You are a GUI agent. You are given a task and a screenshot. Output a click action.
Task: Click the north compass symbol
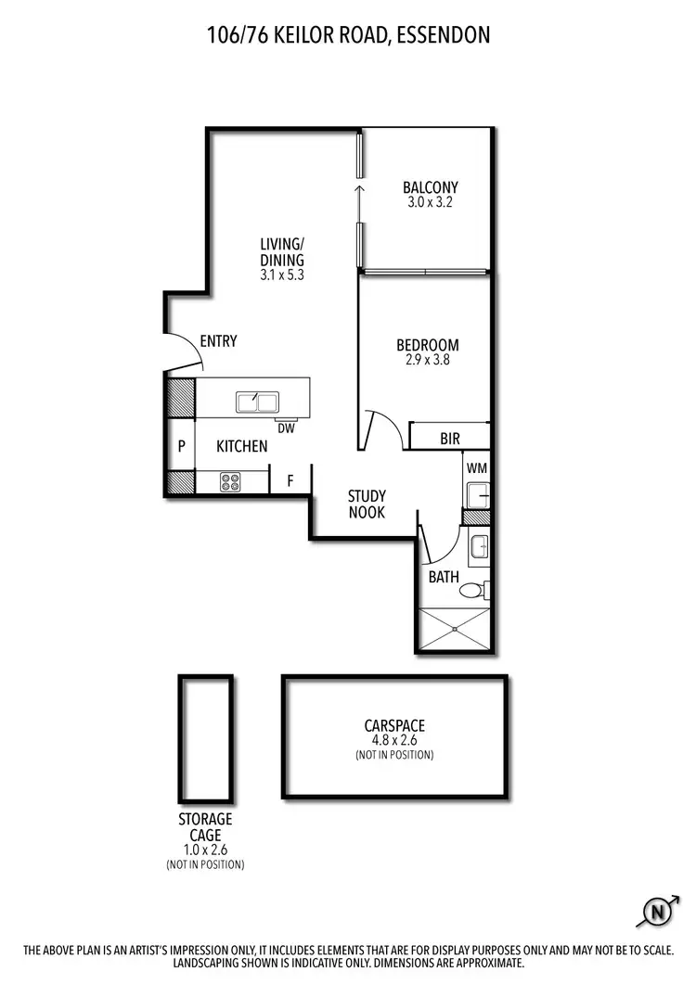[658, 912]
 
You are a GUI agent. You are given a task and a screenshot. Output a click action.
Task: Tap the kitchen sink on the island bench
[257, 402]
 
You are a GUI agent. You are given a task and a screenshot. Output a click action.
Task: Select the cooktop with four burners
[230, 482]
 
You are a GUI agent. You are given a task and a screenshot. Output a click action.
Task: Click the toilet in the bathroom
[473, 590]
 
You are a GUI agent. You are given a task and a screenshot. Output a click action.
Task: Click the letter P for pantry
[181, 446]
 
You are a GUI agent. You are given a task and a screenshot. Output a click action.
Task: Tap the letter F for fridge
[290, 480]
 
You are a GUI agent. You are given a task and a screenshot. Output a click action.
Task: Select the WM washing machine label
[477, 468]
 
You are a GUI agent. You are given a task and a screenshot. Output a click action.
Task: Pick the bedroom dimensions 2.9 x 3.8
[428, 361]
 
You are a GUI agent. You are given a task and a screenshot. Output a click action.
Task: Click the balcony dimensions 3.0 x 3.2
[430, 202]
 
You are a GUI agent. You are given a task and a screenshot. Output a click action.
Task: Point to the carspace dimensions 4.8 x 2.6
[394, 740]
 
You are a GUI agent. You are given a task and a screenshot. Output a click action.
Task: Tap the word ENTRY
[218, 341]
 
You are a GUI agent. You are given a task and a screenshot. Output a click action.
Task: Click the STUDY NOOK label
[367, 505]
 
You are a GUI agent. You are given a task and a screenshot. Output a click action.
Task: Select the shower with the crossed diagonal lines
[456, 628]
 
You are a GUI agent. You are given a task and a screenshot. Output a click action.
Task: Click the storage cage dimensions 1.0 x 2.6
[205, 849]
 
